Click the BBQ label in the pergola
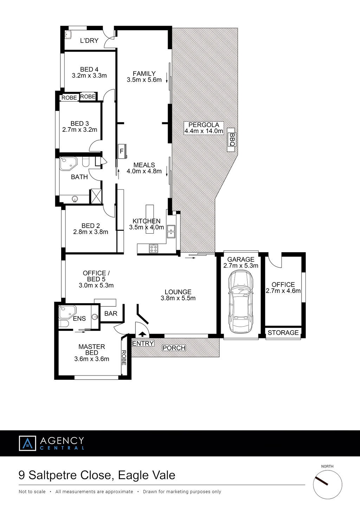[x=232, y=139]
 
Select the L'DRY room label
[x=89, y=41]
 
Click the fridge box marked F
[x=122, y=151]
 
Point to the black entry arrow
[x=142, y=334]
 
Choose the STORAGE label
[x=283, y=333]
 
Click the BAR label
[x=111, y=314]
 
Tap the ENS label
[x=79, y=319]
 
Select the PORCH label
[x=174, y=348]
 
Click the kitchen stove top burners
[x=153, y=248]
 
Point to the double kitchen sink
[x=171, y=231]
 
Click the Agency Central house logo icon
[x=27, y=443]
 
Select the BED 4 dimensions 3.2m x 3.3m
[x=89, y=76]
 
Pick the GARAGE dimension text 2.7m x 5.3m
[x=241, y=266]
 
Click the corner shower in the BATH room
[x=68, y=164]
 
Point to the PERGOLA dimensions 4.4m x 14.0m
[x=204, y=131]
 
